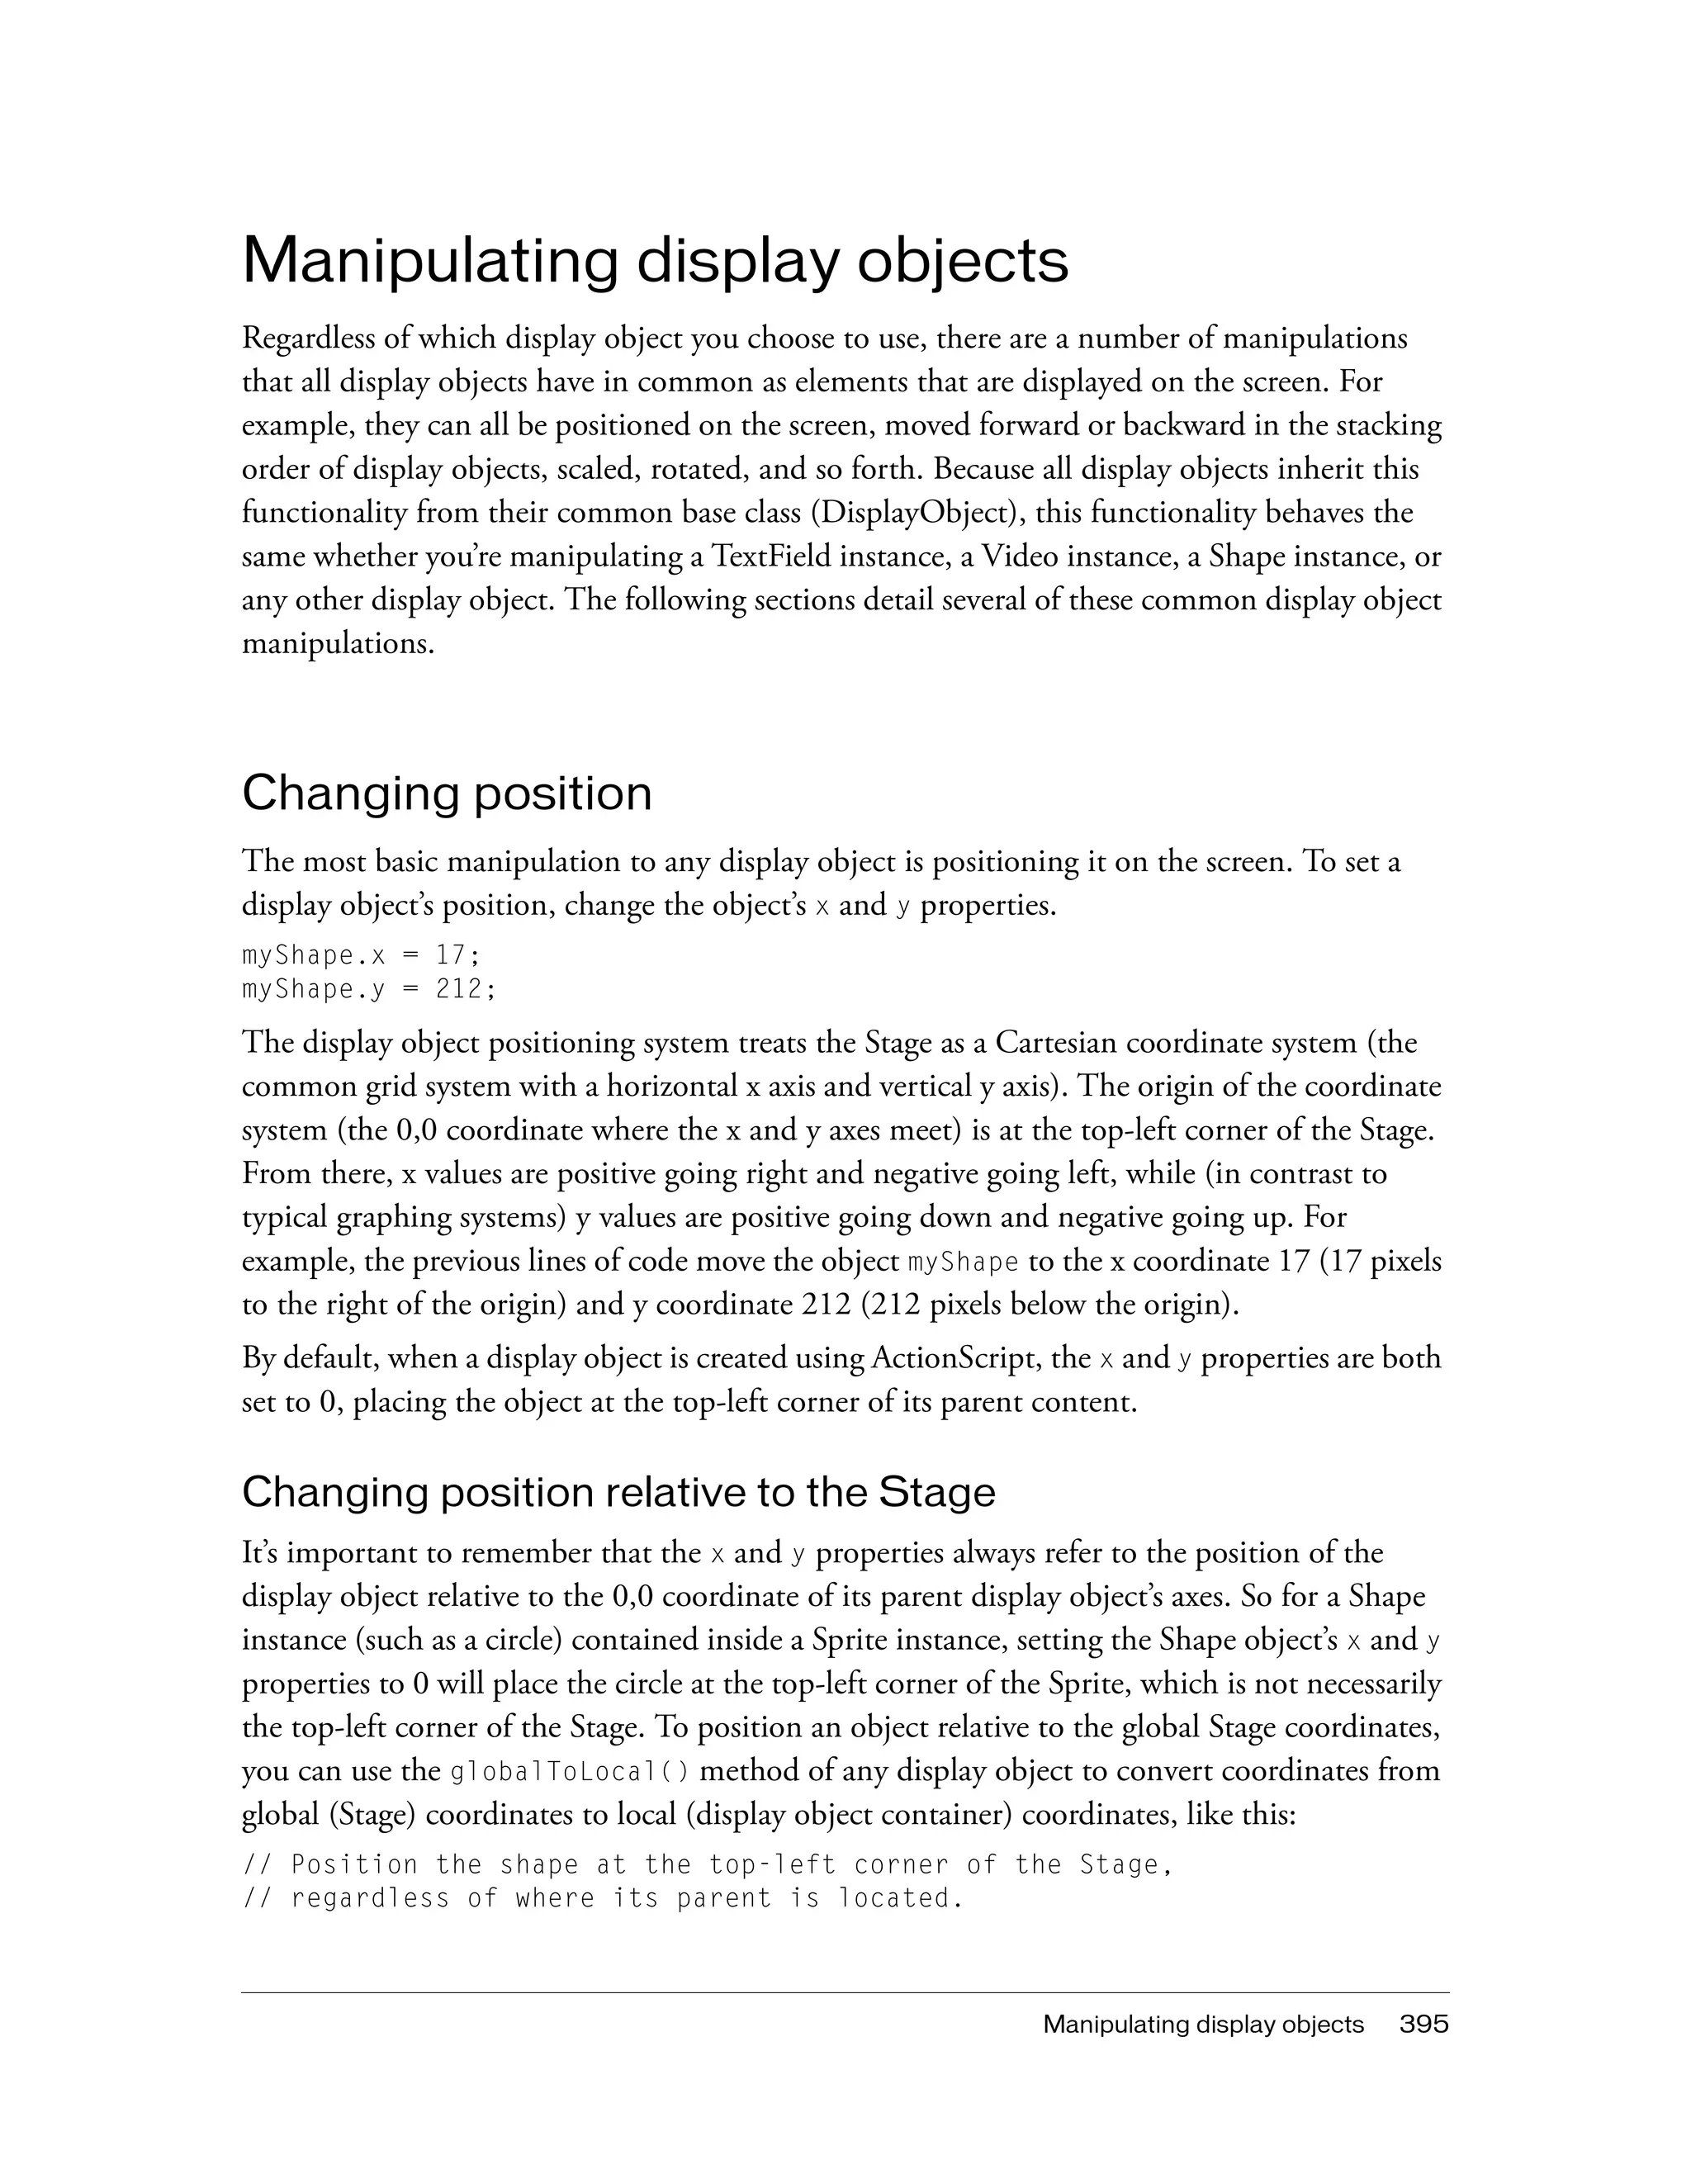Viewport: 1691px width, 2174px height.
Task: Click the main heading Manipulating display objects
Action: [655, 261]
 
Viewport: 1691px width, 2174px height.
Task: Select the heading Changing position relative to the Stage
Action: [618, 1491]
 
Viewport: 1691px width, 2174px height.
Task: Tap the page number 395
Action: [1423, 2024]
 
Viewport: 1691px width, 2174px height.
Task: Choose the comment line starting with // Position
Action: [708, 1864]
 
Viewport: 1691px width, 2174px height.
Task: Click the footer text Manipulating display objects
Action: [1202, 2024]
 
